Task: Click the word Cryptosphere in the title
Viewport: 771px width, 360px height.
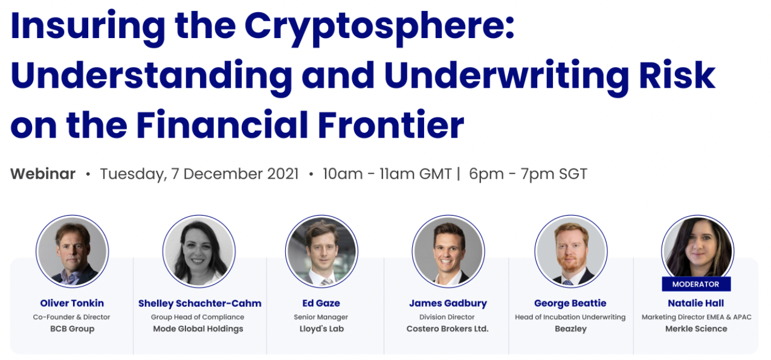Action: (x=379, y=28)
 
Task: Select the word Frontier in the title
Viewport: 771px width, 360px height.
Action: (x=391, y=124)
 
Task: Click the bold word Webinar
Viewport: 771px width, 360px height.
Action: (x=43, y=174)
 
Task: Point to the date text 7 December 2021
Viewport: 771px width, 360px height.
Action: (x=234, y=174)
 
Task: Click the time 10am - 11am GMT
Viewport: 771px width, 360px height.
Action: (x=387, y=174)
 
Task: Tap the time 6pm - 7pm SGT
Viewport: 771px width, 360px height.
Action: (x=527, y=174)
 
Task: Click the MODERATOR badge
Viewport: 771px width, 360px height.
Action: (x=695, y=284)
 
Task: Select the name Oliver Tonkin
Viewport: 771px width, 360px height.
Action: (x=71, y=303)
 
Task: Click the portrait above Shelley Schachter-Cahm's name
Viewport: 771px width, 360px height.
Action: (x=199, y=251)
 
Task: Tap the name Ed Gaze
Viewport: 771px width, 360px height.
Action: (x=321, y=303)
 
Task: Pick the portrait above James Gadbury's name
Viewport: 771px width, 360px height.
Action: (x=448, y=251)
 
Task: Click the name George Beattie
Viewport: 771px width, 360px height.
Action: (x=570, y=303)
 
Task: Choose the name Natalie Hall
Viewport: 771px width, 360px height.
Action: (x=695, y=303)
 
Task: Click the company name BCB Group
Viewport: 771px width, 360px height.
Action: (x=72, y=329)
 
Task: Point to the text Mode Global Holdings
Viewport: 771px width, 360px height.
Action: (x=198, y=329)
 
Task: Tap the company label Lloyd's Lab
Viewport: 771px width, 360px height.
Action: (x=321, y=329)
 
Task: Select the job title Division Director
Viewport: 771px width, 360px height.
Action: (x=447, y=317)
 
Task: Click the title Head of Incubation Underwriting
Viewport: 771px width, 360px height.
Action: (x=570, y=317)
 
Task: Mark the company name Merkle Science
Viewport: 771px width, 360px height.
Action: (x=696, y=329)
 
